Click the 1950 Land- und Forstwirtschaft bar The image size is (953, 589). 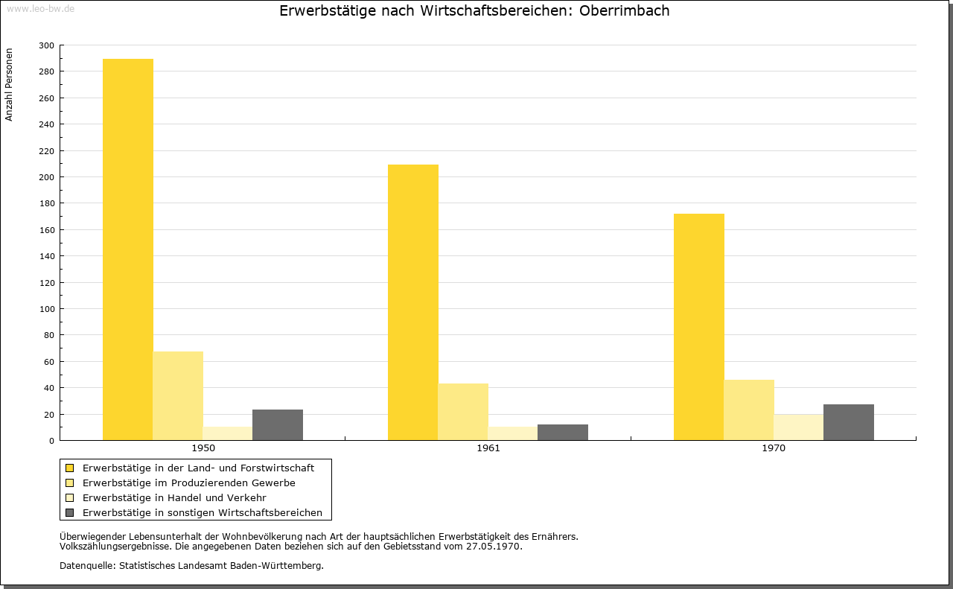[127, 249]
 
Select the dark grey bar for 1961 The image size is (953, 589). [562, 432]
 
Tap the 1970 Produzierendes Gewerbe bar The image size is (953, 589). [749, 410]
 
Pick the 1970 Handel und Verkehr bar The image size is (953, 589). [799, 427]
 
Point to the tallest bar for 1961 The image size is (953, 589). [412, 302]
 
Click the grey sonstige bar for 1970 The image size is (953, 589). [848, 422]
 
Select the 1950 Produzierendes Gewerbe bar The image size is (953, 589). [178, 396]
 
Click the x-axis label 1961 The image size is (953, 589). [488, 448]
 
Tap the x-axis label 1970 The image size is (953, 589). [774, 448]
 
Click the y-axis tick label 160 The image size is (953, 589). [46, 230]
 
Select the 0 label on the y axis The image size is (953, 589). [51, 441]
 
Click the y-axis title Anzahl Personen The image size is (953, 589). [9, 85]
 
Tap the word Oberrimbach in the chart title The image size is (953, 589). [624, 10]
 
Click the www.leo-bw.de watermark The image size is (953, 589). [40, 8]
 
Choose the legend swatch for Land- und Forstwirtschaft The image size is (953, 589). [69, 468]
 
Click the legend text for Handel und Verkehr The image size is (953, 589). [174, 498]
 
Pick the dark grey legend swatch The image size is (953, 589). [69, 513]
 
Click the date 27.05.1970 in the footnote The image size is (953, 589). [493, 547]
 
